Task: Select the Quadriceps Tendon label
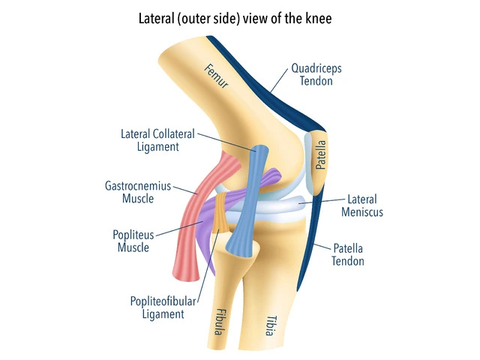coord(313,76)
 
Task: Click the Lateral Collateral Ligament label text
coord(157,140)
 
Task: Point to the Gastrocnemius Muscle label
coord(138,192)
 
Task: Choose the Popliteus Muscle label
coord(133,241)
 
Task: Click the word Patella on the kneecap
coord(320,154)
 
